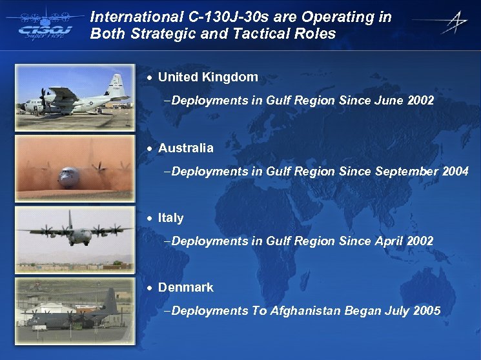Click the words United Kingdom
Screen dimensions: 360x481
[208, 77]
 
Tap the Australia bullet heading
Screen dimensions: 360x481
[185, 148]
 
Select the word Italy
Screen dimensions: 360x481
[170, 218]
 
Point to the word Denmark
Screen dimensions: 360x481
[185, 287]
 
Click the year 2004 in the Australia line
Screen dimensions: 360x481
[456, 172]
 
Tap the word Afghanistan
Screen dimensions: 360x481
[305, 311]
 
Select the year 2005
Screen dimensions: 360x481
[427, 311]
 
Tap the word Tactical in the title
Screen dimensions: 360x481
[264, 34]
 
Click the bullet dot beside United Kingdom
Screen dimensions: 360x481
[150, 78]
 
